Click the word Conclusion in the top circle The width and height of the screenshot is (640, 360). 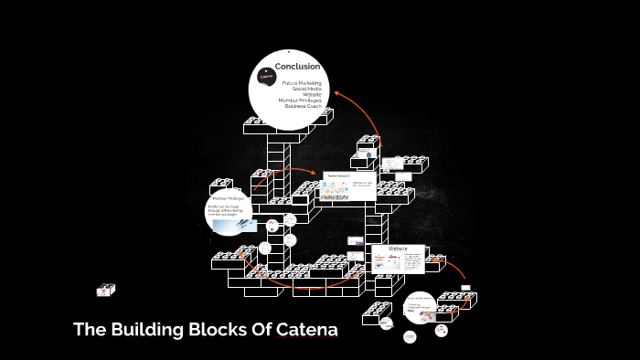pyautogui.click(x=298, y=66)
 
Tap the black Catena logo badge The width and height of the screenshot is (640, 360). pyautogui.click(x=267, y=78)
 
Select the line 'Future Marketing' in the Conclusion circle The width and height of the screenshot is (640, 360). pyautogui.click(x=302, y=82)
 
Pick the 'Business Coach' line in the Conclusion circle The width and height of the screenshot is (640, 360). pyautogui.click(x=303, y=105)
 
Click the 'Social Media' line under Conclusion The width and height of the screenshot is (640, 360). pyautogui.click(x=306, y=88)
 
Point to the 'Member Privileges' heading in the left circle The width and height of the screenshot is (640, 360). pyautogui.click(x=229, y=198)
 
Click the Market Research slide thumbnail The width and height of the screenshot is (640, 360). pyautogui.click(x=347, y=186)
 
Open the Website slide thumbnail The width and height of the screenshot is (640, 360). pyautogui.click(x=399, y=258)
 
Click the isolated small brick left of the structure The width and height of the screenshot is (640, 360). pyautogui.click(x=106, y=290)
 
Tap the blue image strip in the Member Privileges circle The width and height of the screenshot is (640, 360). pyautogui.click(x=228, y=225)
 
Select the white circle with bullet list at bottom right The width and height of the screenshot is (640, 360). pyautogui.click(x=420, y=307)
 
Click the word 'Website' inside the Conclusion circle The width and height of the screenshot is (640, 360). pyautogui.click(x=311, y=93)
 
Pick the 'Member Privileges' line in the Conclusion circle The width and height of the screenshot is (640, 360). pyautogui.click(x=300, y=100)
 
